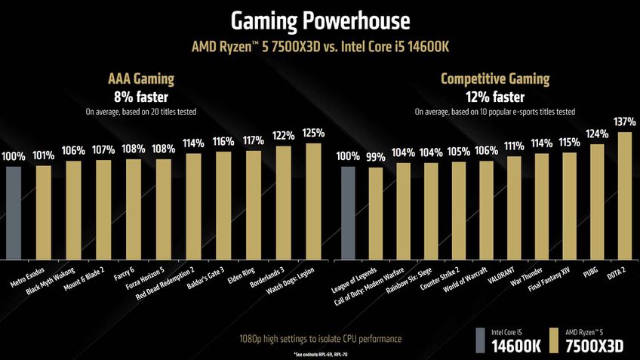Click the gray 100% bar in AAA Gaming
[14, 211]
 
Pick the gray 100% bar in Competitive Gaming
[347, 211]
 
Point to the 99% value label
[375, 157]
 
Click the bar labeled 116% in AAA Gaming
[223, 205]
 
